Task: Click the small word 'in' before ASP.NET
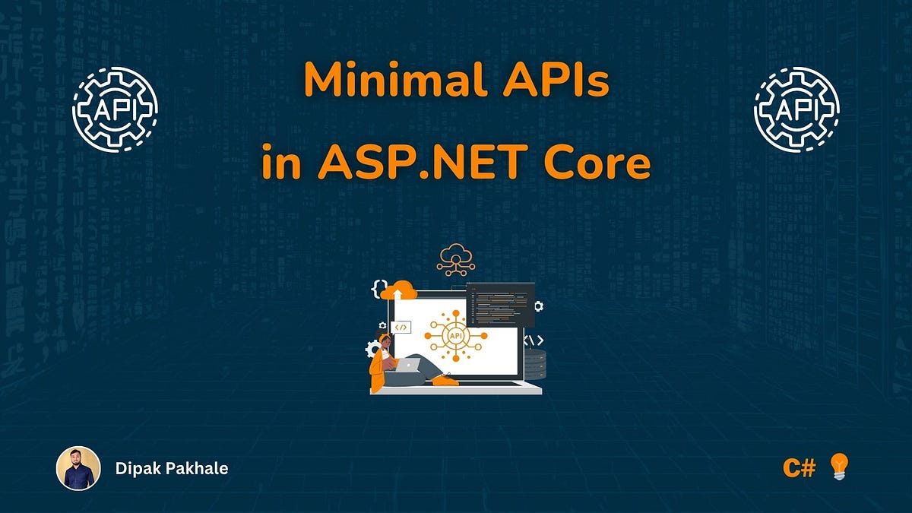click(281, 164)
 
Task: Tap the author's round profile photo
click(78, 467)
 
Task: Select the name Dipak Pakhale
click(172, 468)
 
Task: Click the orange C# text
click(799, 467)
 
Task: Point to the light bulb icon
click(838, 466)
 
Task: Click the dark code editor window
click(500, 304)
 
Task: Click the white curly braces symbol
click(378, 287)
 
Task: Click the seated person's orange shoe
click(446, 379)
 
